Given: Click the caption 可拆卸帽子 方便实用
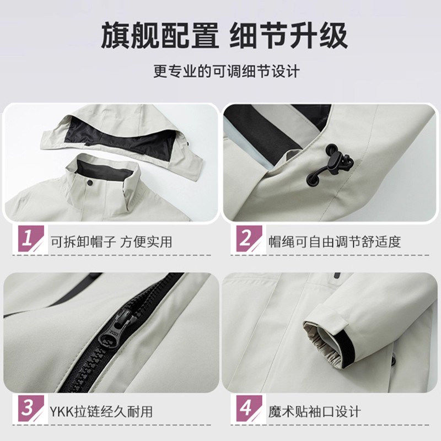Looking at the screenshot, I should click(111, 241).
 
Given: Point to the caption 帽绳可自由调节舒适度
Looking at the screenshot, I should click(335, 241).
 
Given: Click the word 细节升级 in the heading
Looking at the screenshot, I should click(295, 36).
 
